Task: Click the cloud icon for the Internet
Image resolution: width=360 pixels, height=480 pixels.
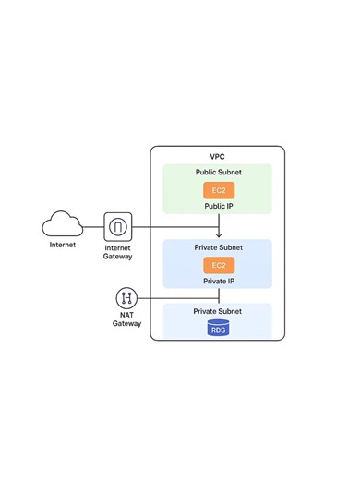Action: pyautogui.click(x=63, y=224)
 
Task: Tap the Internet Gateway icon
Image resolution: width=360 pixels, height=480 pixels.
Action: pyautogui.click(x=118, y=225)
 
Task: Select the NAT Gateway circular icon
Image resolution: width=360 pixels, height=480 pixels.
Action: pyautogui.click(x=127, y=298)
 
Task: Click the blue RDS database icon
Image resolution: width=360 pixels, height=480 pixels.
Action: pyautogui.click(x=218, y=329)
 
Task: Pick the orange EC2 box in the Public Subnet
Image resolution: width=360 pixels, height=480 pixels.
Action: pyautogui.click(x=218, y=190)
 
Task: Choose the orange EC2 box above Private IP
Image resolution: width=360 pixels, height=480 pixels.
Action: pyautogui.click(x=218, y=266)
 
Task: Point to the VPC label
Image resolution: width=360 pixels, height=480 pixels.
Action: pyautogui.click(x=218, y=157)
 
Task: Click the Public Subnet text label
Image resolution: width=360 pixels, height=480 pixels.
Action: pyautogui.click(x=218, y=173)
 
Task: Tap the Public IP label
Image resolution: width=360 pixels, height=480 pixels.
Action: pyautogui.click(x=218, y=207)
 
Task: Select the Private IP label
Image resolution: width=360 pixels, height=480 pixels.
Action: pyautogui.click(x=218, y=282)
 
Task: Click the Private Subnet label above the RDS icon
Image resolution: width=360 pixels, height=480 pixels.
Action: pyautogui.click(x=218, y=312)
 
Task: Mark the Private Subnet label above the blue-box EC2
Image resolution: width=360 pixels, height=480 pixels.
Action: pyautogui.click(x=218, y=248)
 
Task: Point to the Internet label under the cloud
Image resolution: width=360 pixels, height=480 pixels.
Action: pyautogui.click(x=63, y=246)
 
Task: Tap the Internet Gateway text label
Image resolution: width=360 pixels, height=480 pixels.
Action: pyautogui.click(x=118, y=252)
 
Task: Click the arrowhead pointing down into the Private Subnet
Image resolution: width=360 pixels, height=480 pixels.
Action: pyautogui.click(x=218, y=235)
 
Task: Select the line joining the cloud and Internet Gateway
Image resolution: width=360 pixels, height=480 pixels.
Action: pyautogui.click(x=92, y=225)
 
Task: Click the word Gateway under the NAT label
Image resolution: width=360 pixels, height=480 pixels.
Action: pyautogui.click(x=127, y=324)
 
